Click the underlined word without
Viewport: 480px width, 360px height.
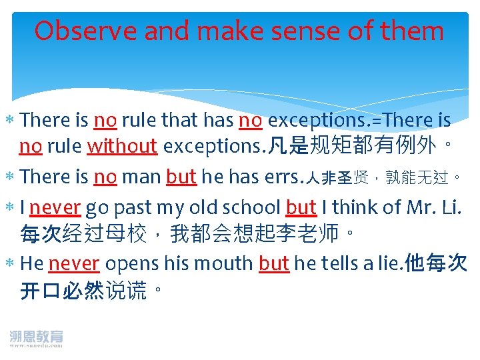point(122,145)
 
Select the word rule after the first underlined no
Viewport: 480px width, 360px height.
point(137,120)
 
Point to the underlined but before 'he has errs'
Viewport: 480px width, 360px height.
point(181,177)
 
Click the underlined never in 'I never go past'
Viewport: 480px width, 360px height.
point(55,208)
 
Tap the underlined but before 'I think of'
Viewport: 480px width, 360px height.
point(301,208)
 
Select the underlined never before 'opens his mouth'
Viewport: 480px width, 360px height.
point(74,263)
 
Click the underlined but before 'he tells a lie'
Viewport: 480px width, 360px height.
point(274,263)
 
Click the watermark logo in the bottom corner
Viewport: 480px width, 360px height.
point(36,338)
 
